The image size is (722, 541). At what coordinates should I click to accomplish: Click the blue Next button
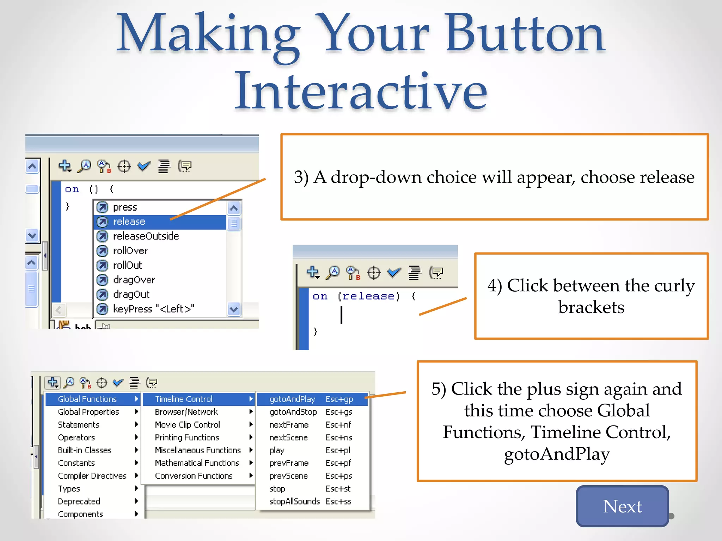pos(622,506)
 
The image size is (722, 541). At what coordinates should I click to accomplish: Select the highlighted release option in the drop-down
pos(129,222)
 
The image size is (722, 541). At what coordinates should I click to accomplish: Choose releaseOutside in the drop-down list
pos(146,236)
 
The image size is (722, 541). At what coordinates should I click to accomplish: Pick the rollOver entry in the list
pos(130,251)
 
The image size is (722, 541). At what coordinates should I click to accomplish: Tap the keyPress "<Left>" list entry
pos(153,309)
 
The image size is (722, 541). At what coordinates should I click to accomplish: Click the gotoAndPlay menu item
pos(292,399)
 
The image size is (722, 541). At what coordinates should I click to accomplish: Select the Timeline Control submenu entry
pos(184,399)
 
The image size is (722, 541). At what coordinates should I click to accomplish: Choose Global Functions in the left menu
pos(87,399)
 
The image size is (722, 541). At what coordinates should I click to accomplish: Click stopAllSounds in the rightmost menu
pos(294,501)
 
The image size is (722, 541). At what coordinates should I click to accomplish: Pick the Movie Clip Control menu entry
pos(187,425)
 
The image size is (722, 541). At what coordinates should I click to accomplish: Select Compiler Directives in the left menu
pos(92,476)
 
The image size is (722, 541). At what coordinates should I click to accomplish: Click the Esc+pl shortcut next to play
pos(338,450)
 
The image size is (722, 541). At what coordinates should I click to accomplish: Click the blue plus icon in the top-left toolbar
pos(65,165)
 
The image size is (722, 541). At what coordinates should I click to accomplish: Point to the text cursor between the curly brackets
pos(341,315)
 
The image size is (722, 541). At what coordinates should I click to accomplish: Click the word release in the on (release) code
pos(368,296)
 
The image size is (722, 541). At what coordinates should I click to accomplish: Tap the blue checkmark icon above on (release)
pos(394,272)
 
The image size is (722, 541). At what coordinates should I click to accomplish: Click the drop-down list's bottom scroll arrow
pos(234,309)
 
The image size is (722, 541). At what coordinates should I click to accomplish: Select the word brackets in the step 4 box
pos(591,307)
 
